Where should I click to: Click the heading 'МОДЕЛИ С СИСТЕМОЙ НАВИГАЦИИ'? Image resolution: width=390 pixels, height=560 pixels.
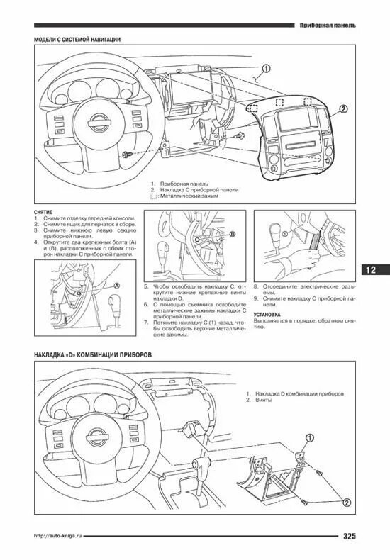[77, 40]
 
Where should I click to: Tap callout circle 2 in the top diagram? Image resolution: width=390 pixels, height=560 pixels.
[343, 109]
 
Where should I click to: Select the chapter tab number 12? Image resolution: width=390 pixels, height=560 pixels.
[374, 270]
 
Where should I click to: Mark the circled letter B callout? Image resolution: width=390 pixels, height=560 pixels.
[231, 233]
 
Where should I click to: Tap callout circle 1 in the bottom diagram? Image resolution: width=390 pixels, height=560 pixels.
[310, 438]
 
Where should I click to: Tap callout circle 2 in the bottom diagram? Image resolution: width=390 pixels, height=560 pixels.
[347, 502]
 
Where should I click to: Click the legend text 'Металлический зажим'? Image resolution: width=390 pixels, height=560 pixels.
[189, 196]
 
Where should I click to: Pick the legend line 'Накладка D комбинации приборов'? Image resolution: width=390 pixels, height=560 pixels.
[300, 393]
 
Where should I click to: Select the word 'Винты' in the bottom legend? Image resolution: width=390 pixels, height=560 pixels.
[264, 401]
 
